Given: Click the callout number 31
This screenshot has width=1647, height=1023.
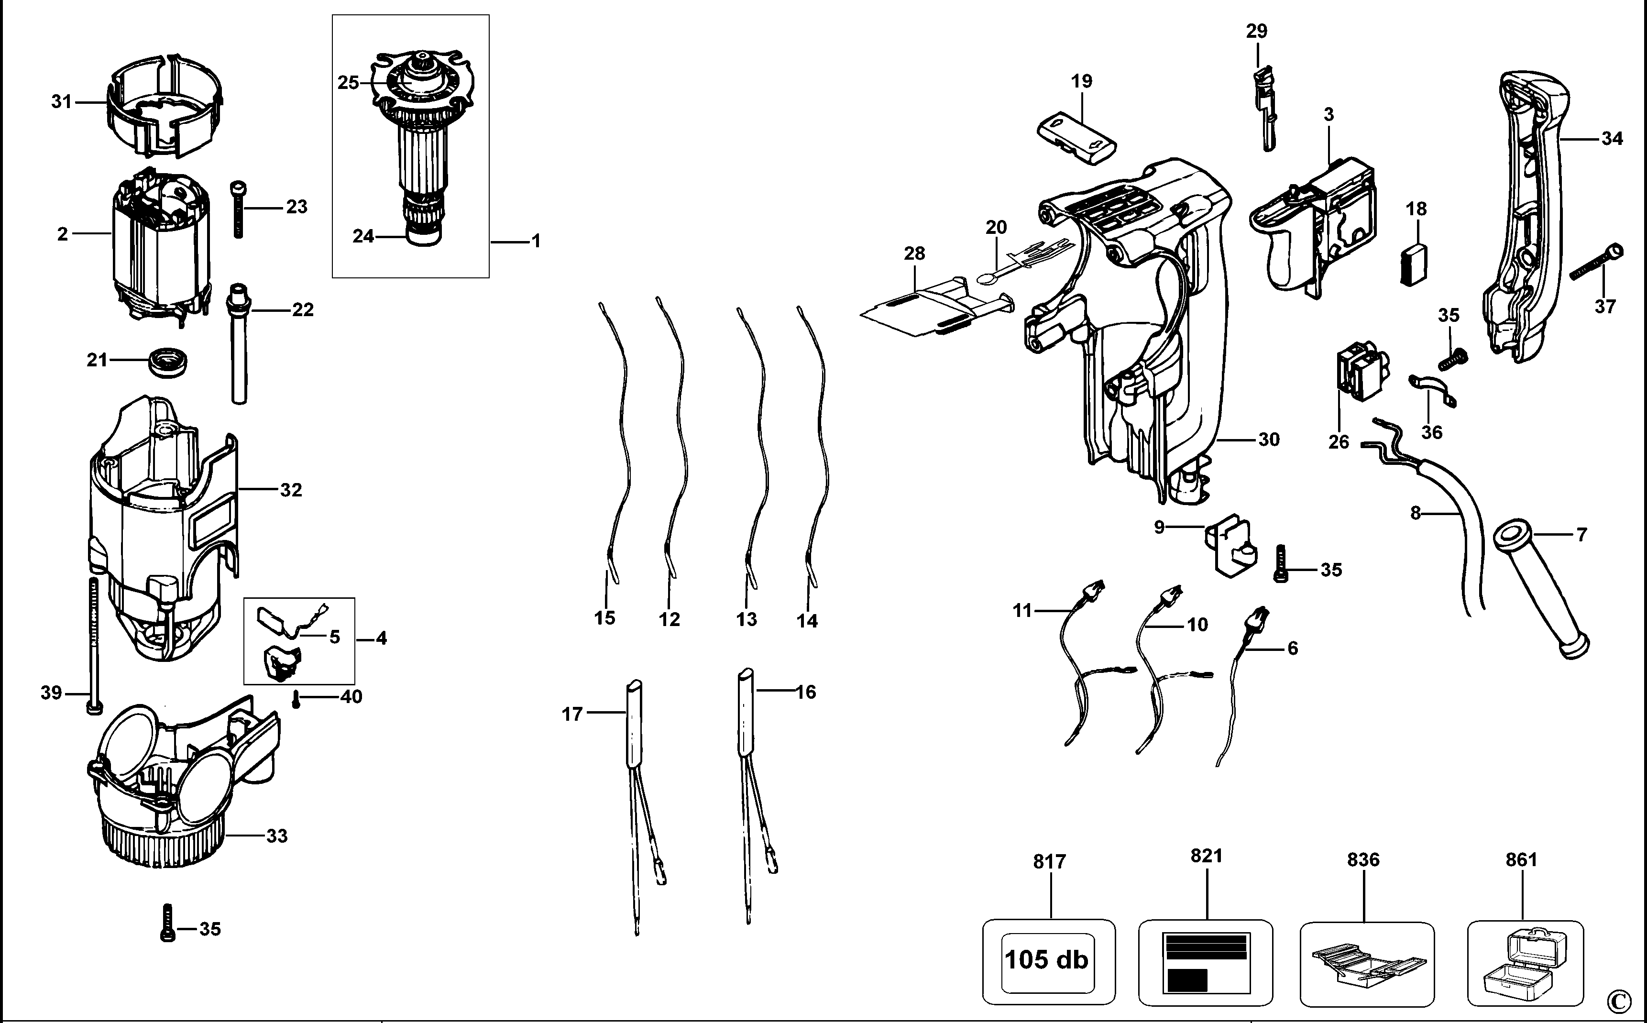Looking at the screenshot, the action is (x=62, y=102).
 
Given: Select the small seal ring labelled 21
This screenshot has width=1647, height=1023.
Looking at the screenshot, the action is (x=166, y=360).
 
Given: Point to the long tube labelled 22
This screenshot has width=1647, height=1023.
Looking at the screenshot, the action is (x=238, y=344).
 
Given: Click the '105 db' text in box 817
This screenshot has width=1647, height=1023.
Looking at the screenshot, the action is (x=1046, y=959).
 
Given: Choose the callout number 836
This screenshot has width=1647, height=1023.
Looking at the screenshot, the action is (x=1363, y=860).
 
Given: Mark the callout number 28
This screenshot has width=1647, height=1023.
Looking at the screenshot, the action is (x=914, y=254).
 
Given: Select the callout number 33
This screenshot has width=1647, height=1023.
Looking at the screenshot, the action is (x=276, y=836).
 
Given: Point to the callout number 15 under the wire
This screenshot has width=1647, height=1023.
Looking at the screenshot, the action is (x=604, y=618).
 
